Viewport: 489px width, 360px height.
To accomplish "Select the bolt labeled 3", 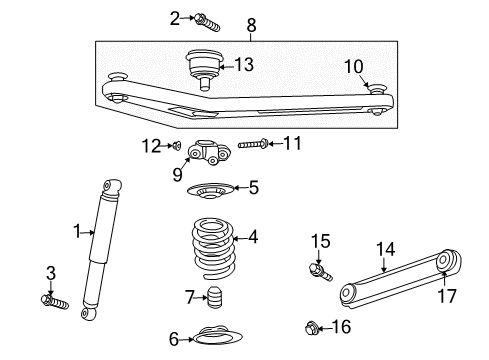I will [53, 300].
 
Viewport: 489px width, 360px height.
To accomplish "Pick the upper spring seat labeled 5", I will [209, 188].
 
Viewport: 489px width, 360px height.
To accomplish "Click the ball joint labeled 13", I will [204, 67].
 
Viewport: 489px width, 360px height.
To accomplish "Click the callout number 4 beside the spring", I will [253, 237].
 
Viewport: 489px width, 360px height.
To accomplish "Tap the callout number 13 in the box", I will [244, 65].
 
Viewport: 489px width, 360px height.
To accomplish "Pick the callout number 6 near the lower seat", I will [174, 338].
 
